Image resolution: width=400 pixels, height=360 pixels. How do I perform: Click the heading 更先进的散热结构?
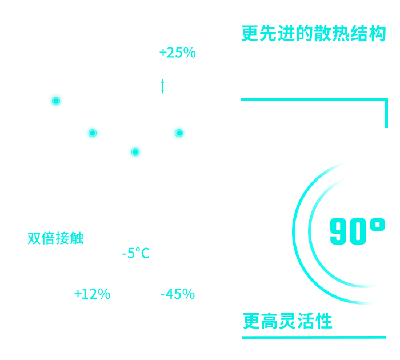[x=314, y=34]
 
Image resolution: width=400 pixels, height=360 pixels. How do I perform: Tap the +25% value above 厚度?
[x=177, y=53]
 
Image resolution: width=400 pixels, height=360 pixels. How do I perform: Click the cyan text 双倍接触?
[x=55, y=238]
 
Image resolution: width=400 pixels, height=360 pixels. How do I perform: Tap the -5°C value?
[x=135, y=253]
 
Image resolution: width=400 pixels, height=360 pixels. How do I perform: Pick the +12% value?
[x=91, y=294]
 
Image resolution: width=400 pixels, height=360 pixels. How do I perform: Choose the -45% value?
[x=177, y=294]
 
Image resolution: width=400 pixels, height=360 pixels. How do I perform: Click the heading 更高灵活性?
[x=287, y=321]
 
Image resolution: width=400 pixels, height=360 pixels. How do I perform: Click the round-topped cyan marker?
[x=55, y=102]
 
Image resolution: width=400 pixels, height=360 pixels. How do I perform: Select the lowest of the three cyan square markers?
[x=135, y=151]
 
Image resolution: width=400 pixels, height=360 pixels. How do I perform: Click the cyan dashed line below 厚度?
[x=163, y=86]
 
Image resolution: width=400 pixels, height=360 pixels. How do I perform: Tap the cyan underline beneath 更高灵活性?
[x=314, y=337]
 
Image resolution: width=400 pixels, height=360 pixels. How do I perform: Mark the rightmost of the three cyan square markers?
[x=179, y=133]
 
